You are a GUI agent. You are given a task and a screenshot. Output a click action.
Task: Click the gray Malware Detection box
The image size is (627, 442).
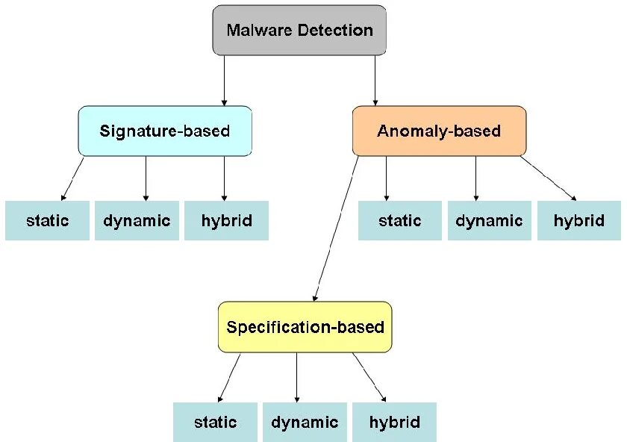(x=299, y=31)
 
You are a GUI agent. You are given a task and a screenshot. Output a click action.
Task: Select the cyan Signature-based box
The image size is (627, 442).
(x=164, y=131)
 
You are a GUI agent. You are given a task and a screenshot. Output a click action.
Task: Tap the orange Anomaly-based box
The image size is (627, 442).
(x=439, y=131)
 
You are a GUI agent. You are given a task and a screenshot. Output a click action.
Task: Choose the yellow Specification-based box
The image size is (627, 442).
(x=305, y=327)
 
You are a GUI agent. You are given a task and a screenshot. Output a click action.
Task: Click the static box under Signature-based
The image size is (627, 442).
(x=47, y=221)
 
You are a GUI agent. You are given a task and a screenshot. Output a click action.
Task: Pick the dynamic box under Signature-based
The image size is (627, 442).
(x=137, y=221)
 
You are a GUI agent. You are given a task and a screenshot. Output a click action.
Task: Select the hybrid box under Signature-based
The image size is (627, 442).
(x=226, y=221)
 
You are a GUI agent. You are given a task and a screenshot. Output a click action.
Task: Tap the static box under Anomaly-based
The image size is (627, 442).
(x=400, y=221)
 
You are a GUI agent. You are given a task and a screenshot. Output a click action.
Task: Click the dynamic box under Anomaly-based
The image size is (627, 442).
(x=490, y=221)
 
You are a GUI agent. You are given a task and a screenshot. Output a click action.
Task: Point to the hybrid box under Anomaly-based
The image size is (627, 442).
(x=578, y=221)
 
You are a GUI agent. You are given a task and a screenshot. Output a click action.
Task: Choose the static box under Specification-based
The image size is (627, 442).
(x=216, y=423)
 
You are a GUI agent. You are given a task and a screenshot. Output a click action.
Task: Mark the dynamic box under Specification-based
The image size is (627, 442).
(x=305, y=423)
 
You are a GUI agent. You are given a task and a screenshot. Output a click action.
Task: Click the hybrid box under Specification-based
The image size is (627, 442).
(x=393, y=423)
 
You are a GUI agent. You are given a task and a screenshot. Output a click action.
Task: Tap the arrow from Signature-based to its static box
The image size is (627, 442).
(x=72, y=178)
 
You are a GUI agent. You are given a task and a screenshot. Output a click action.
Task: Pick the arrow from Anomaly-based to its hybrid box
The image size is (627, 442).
(x=549, y=178)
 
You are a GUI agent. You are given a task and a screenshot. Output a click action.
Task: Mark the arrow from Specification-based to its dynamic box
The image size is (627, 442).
(x=296, y=378)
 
